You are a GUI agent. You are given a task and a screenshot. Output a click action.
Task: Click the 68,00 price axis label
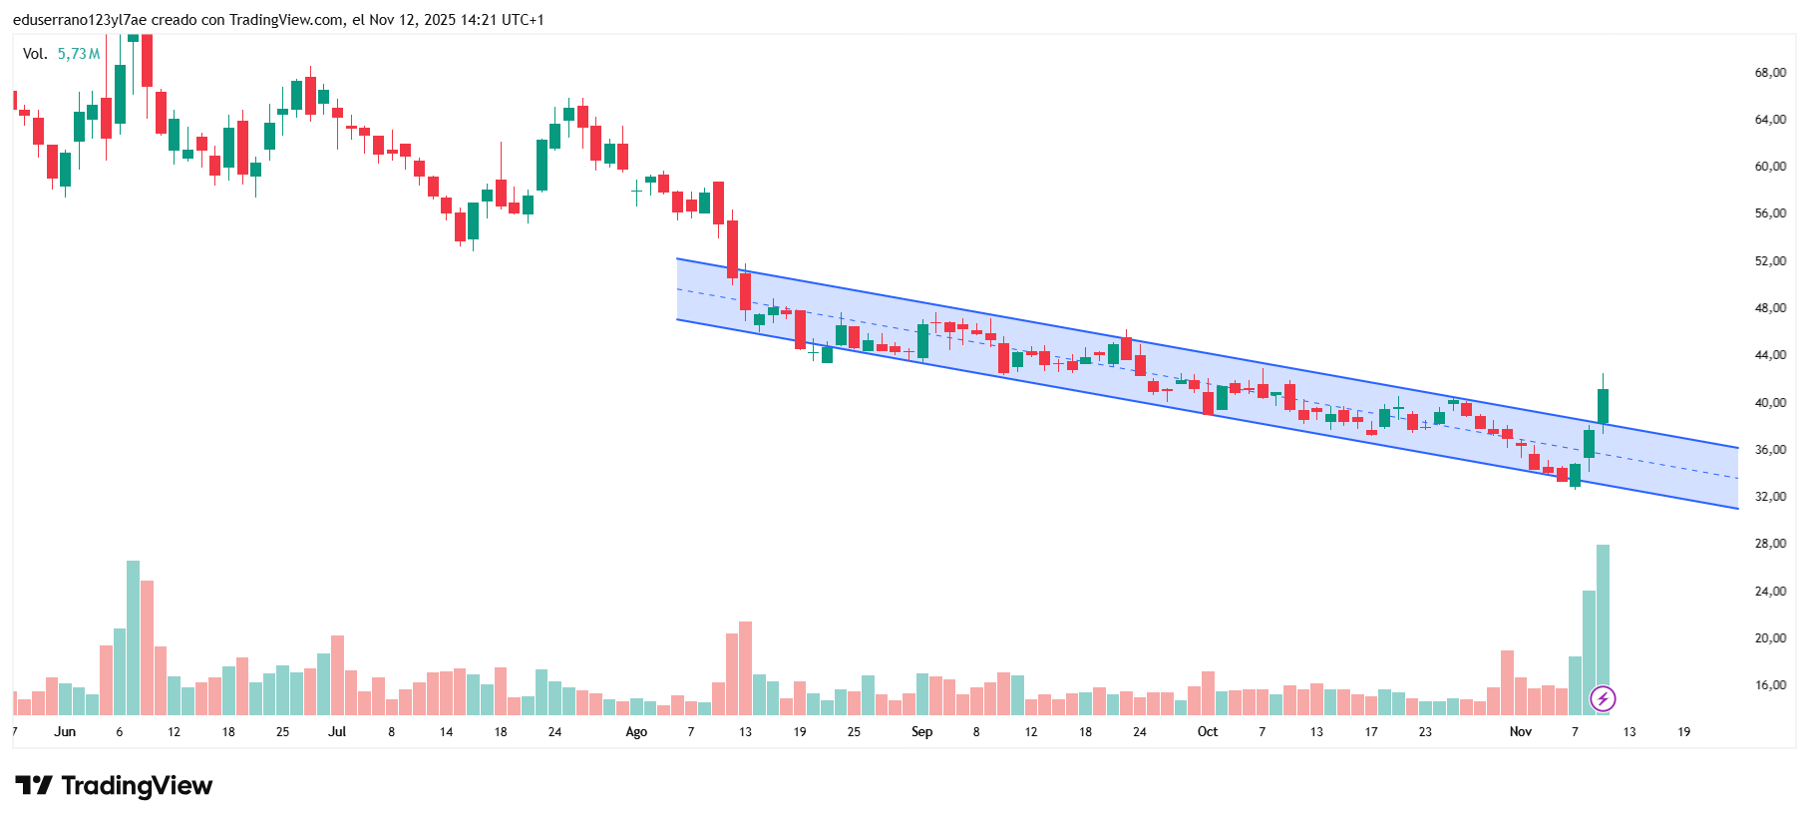coord(1770,73)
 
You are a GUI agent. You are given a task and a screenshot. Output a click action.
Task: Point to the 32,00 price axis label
coord(1770,497)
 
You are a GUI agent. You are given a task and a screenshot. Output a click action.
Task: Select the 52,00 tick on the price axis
coord(1770,261)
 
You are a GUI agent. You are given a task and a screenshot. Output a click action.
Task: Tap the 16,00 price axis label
coord(1770,685)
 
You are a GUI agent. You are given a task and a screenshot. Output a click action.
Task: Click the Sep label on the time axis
coord(921,732)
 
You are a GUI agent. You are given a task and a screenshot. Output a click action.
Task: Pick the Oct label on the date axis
coord(1208,732)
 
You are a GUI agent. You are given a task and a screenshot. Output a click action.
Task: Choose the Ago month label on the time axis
coord(636,732)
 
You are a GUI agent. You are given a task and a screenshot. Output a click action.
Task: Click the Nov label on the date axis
coord(1520,732)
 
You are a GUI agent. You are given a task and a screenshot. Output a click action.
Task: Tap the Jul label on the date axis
coord(337,732)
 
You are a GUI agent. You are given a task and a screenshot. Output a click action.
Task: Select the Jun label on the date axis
coord(65,732)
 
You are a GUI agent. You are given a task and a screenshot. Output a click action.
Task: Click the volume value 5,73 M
coord(79,54)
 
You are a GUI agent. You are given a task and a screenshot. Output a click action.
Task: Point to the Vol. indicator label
coord(35,54)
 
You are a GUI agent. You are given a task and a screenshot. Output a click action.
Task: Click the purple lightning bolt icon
coord(1603,698)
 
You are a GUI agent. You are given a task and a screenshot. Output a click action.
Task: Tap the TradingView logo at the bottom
coord(114,786)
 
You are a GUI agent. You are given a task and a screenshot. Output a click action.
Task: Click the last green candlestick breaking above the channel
coord(1603,406)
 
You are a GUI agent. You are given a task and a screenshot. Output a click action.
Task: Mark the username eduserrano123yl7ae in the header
coord(80,20)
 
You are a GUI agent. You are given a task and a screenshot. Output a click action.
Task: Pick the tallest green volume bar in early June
coord(133,638)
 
